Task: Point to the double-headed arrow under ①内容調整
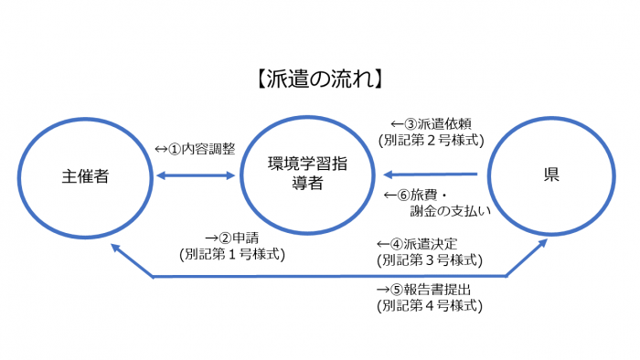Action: point(196,175)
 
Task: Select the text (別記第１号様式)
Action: point(232,254)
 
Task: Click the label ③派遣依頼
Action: point(431,123)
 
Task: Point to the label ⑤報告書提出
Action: point(431,290)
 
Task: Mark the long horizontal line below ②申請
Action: point(329,276)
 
